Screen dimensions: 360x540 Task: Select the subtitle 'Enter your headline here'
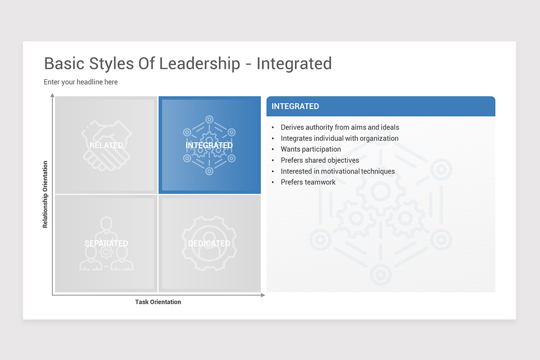pyautogui.click(x=81, y=82)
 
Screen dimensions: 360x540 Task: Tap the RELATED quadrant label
pyautogui.click(x=106, y=145)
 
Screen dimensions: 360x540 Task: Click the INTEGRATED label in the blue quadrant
pyautogui.click(x=209, y=145)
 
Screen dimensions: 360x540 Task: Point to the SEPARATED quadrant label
pyautogui.click(x=106, y=243)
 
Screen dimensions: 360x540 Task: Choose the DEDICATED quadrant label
pyautogui.click(x=209, y=243)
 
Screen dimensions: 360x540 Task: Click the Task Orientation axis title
pyautogui.click(x=158, y=302)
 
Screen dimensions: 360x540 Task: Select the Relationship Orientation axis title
pyautogui.click(x=45, y=194)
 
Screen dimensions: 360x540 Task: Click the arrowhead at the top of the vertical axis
pyautogui.click(x=53, y=95)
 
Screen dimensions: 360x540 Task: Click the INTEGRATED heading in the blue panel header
pyautogui.click(x=295, y=106)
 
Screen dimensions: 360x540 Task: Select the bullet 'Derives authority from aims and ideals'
pyautogui.click(x=340, y=127)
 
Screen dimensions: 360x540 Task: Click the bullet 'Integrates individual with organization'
pyautogui.click(x=339, y=139)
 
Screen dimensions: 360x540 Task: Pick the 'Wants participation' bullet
pyautogui.click(x=310, y=149)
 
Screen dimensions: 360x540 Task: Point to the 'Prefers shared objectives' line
pyautogui.click(x=319, y=160)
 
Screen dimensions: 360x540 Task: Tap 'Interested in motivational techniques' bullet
pyautogui.click(x=337, y=171)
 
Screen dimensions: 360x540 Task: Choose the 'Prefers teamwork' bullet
pyautogui.click(x=308, y=182)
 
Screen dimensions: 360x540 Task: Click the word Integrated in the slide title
pyautogui.click(x=294, y=64)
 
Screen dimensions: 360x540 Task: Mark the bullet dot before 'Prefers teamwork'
pyautogui.click(x=273, y=182)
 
